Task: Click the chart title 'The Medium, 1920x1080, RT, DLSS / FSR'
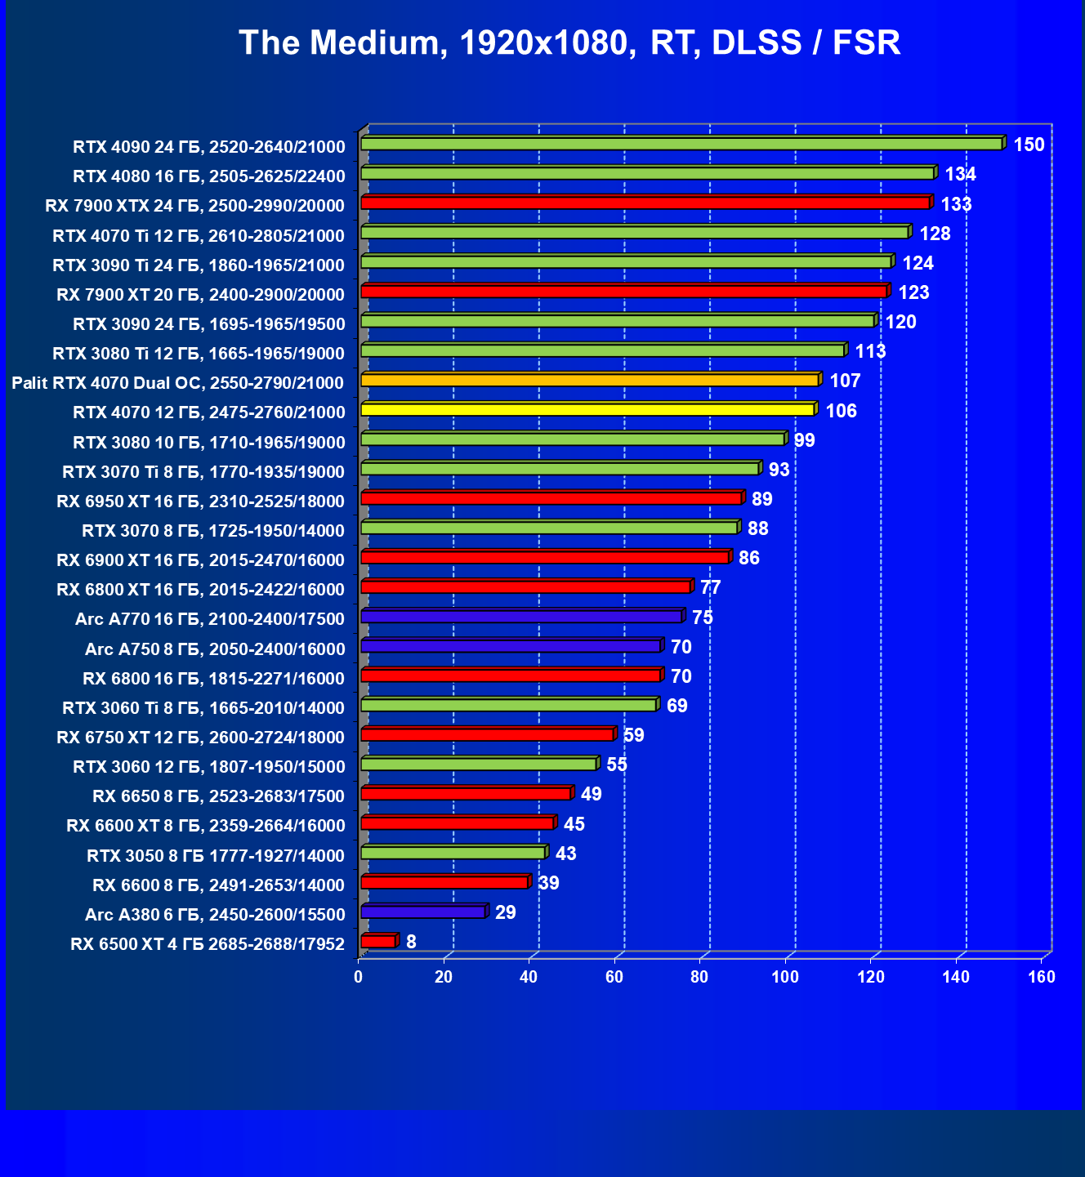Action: click(569, 42)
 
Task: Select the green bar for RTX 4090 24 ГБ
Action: click(681, 144)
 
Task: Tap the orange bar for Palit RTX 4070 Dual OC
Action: click(590, 380)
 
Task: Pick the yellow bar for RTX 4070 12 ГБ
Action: click(587, 409)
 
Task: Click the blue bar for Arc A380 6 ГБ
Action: click(423, 912)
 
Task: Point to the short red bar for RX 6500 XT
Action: click(378, 941)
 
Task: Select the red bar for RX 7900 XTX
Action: click(645, 203)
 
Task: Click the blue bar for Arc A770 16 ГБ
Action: click(521, 616)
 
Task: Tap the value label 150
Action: click(1029, 145)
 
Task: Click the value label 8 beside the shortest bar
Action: click(411, 942)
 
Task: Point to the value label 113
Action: click(870, 351)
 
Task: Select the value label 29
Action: click(506, 912)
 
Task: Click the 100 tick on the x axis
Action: click(785, 977)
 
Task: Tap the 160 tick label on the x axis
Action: click(1041, 977)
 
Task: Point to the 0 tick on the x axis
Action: click(359, 977)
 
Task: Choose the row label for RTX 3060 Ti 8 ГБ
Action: click(203, 707)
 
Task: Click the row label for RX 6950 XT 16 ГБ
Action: click(201, 501)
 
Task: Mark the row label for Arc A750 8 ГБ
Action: click(215, 649)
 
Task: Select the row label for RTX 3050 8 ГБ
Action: click(216, 855)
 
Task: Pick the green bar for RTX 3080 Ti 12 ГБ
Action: click(602, 350)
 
